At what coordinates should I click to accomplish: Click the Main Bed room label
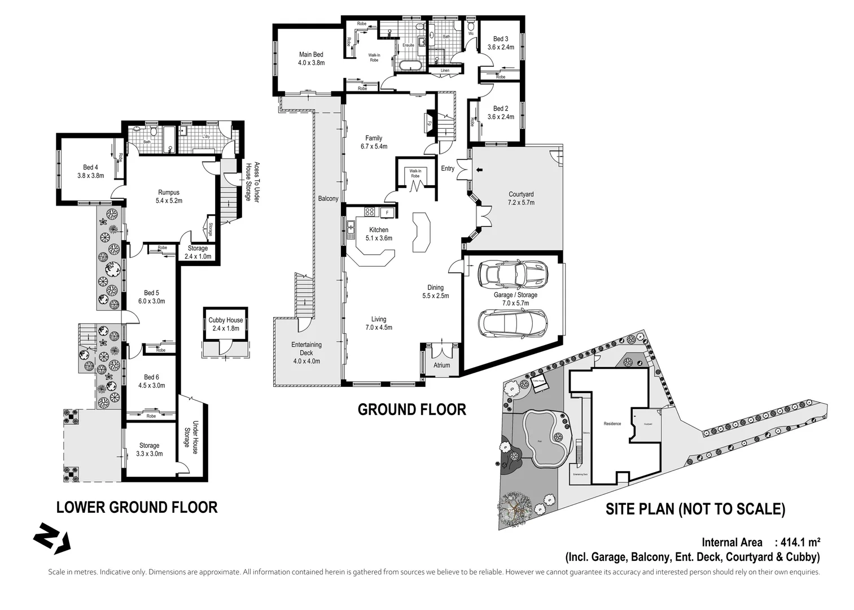pos(311,59)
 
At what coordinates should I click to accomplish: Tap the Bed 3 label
pos(501,43)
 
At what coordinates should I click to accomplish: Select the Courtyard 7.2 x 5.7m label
pos(520,198)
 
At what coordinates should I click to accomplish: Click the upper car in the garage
pos(513,273)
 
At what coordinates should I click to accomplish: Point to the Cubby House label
pos(225,324)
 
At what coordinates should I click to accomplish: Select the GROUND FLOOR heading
pos(411,409)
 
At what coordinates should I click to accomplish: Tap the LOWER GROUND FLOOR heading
pos(137,507)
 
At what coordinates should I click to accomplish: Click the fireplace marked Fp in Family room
pos(430,123)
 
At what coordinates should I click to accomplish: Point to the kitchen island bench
pos(421,233)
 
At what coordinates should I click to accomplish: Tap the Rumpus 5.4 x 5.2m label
pos(169,197)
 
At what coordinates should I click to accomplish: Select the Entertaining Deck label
pos(306,353)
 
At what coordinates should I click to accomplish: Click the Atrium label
pos(441,365)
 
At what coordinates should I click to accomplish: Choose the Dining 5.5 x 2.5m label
pos(435,291)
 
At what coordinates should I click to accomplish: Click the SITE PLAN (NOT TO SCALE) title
pos(695,509)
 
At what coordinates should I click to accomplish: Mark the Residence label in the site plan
pos(612,424)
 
